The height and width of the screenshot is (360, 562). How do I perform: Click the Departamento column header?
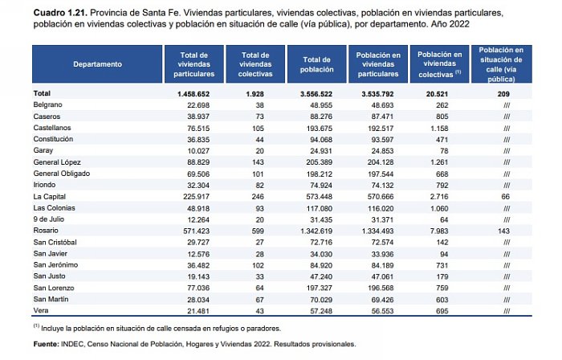coord(97,64)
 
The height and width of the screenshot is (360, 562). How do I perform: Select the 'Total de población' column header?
coord(317,64)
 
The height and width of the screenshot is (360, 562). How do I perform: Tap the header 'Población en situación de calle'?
coord(501,64)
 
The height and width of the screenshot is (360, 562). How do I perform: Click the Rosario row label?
coord(46,231)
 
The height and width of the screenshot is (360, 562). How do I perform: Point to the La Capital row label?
coord(50,197)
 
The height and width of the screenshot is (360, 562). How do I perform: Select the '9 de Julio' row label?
coord(49,219)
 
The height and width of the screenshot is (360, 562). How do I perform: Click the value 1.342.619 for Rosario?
coord(316,231)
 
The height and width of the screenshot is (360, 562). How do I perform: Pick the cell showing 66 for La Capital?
coord(505,197)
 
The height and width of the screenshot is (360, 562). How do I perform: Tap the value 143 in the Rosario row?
coord(503,231)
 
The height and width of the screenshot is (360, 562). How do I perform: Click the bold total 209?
coord(503,94)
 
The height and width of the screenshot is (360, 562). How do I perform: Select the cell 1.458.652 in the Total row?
coord(193,94)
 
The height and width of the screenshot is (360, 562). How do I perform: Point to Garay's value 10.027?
coord(198,151)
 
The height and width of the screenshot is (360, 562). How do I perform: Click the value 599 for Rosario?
coord(258,231)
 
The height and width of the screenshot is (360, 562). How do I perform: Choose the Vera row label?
coord(41,310)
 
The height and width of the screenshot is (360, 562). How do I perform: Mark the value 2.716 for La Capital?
coord(439,197)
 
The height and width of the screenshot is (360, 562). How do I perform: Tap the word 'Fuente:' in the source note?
coord(47,344)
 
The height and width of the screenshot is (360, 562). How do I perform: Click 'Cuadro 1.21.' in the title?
coord(60,13)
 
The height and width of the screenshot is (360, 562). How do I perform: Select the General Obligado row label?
coord(62,174)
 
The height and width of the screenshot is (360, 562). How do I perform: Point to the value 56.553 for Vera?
coord(382,311)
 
